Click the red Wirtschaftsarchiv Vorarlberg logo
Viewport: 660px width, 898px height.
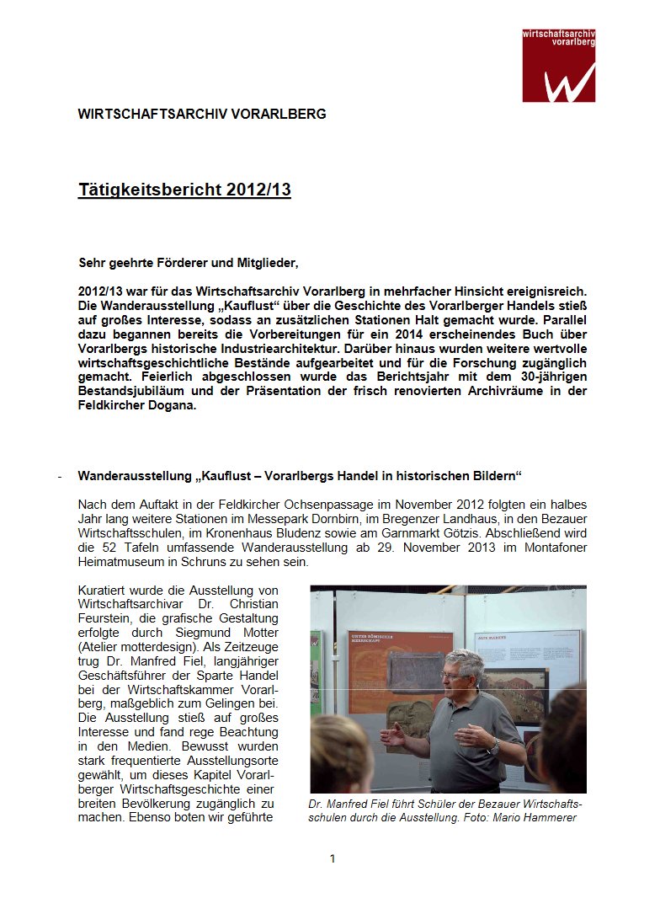pyautogui.click(x=558, y=65)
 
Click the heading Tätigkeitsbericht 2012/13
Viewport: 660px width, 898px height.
pyautogui.click(x=184, y=190)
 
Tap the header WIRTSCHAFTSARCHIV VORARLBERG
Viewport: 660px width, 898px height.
pyautogui.click(x=201, y=114)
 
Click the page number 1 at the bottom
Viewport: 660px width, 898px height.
pyautogui.click(x=333, y=858)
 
